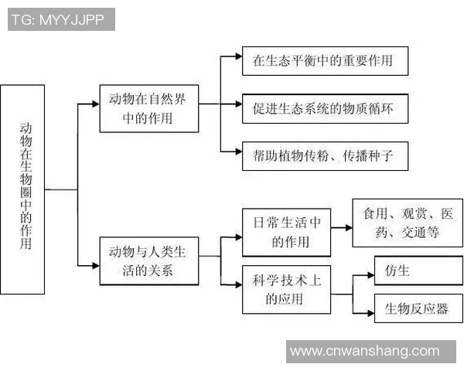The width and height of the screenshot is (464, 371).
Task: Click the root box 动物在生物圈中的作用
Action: (22, 190)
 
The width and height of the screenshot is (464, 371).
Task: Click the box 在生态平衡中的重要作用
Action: (323, 61)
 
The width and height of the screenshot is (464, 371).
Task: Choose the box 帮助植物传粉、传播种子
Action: (323, 155)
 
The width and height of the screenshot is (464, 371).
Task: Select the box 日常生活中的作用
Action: (286, 232)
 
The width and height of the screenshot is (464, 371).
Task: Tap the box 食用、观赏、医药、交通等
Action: (407, 223)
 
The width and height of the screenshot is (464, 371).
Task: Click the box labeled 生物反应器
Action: (417, 309)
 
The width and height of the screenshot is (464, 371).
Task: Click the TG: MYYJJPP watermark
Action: (61, 20)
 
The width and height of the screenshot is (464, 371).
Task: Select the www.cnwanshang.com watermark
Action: (364, 351)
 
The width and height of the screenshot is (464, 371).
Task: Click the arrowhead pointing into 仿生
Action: (369, 272)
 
